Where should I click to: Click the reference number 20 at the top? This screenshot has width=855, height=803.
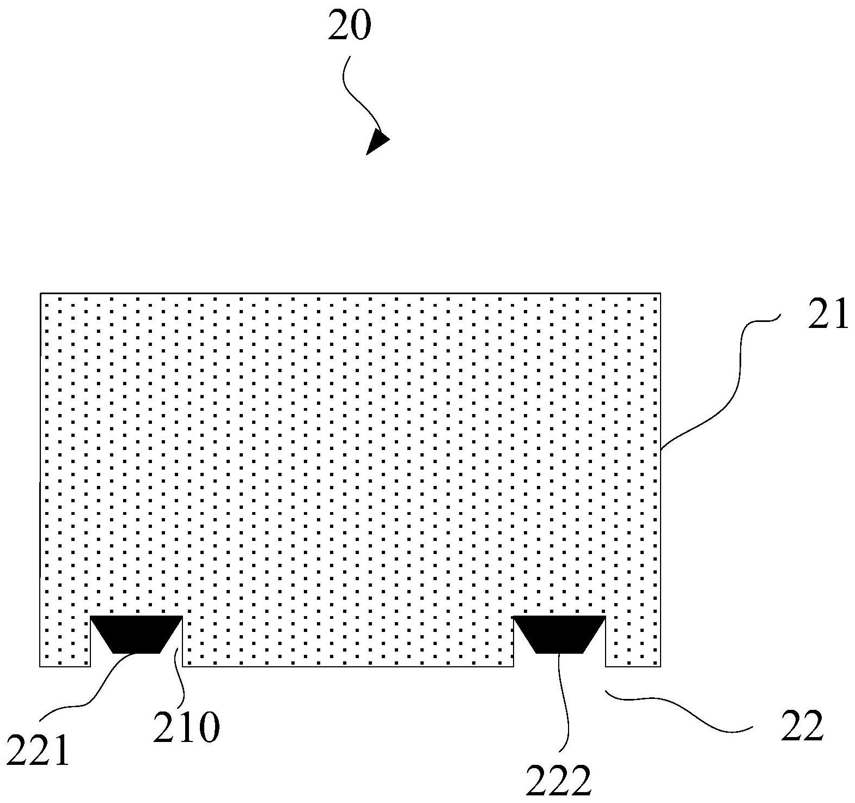click(x=349, y=26)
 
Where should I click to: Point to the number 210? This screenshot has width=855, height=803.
click(x=186, y=728)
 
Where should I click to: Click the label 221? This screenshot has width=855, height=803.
click(x=38, y=751)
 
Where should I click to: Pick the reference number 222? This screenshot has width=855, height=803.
click(x=558, y=781)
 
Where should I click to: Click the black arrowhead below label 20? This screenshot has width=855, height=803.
click(x=376, y=142)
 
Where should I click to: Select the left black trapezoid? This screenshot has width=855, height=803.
click(x=136, y=634)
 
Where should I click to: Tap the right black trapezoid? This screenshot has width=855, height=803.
click(x=559, y=634)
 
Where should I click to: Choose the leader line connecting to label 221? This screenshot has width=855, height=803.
click(x=98, y=686)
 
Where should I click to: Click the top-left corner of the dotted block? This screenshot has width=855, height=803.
click(x=41, y=294)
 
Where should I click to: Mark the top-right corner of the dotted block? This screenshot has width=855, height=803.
click(x=660, y=294)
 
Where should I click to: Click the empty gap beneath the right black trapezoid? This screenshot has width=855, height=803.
click(x=559, y=660)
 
